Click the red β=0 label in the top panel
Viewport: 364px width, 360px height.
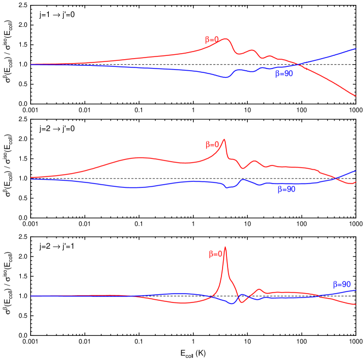click(x=212, y=40)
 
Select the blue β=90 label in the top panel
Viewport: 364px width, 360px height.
click(x=284, y=74)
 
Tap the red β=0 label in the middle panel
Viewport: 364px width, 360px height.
click(x=212, y=145)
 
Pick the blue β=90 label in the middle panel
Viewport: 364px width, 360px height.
click(x=286, y=190)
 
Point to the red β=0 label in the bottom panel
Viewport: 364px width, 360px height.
click(x=215, y=254)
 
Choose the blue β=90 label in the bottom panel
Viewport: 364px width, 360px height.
click(x=342, y=284)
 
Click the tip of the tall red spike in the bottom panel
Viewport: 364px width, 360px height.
click(x=225, y=247)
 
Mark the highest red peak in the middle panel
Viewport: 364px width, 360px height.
click(x=224, y=140)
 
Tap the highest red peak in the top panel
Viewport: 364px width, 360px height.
click(x=226, y=39)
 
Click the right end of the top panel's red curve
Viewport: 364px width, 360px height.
click(x=356, y=96)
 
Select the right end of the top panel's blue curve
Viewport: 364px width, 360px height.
click(x=356, y=48)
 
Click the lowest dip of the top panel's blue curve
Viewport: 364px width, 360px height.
click(x=225, y=78)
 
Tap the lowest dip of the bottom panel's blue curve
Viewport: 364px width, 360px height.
click(x=233, y=304)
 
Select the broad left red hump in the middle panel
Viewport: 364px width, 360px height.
click(x=140, y=158)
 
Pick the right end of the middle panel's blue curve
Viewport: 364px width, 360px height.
click(x=356, y=171)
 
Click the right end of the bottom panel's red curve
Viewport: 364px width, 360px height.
click(x=356, y=305)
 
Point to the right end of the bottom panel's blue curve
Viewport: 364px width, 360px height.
click(x=356, y=290)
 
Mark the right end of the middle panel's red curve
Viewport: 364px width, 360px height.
click(x=356, y=182)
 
